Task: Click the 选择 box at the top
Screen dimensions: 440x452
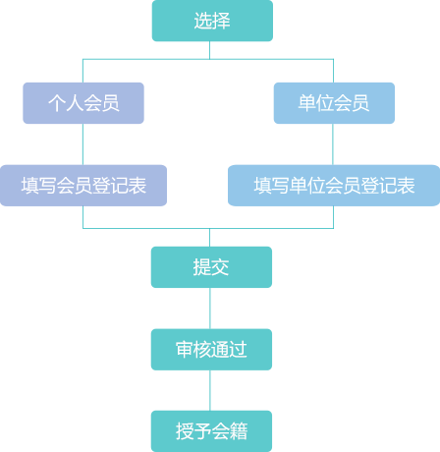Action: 212,21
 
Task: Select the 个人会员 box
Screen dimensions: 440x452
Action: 83,103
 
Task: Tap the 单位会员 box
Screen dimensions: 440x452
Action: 334,103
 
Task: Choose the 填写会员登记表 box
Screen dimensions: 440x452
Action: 83,186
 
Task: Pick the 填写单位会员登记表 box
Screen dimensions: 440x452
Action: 334,186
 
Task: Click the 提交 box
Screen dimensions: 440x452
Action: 211,267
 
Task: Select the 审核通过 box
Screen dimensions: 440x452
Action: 211,350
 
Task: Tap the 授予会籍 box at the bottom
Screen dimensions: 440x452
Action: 211,431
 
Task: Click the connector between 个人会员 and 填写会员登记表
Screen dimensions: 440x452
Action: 82,144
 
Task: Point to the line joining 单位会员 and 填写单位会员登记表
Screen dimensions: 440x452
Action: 333,144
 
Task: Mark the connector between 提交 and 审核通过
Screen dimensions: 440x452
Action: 210,309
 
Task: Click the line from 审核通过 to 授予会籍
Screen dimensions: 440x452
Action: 210,390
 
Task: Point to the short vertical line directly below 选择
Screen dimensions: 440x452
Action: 209,50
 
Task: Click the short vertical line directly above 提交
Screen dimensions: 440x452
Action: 209,238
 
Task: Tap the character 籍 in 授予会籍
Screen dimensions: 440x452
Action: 239,431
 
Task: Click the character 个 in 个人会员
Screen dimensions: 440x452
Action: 57,103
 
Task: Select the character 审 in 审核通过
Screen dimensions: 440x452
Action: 185,349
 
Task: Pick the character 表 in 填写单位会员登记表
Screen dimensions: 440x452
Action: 406,186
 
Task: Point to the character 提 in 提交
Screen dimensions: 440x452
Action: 202,267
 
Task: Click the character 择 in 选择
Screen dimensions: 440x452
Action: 222,21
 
